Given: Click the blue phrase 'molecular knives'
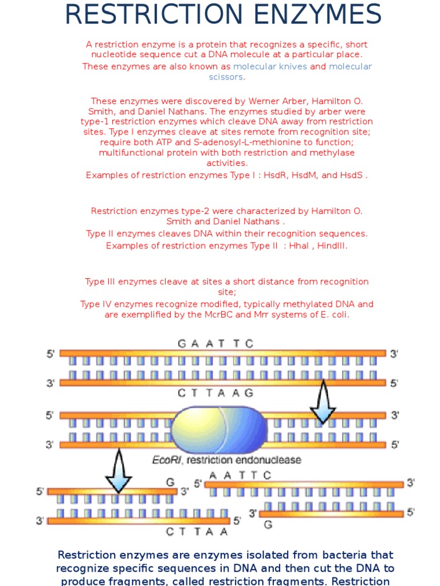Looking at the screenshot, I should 270,66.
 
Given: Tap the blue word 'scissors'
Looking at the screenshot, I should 226,77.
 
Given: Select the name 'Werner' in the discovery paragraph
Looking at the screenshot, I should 241,101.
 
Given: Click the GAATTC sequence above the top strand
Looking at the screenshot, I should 215,343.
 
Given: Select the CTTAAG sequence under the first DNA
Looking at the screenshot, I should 215,393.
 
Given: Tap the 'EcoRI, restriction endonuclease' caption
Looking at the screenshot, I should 226,460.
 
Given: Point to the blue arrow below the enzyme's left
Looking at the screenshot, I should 119,471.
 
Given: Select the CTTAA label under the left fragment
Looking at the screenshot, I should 197,532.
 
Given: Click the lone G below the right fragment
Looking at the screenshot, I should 268,524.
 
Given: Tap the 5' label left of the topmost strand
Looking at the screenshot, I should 51,354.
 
